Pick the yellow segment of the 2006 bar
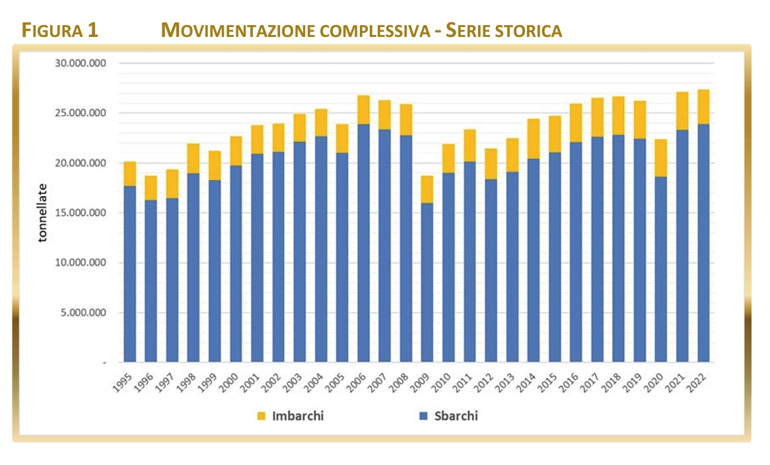pyautogui.click(x=363, y=109)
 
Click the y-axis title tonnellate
pyautogui.click(x=43, y=213)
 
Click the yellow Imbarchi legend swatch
pyautogui.click(x=262, y=416)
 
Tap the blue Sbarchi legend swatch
pyautogui.click(x=423, y=416)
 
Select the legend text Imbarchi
pyautogui.click(x=298, y=416)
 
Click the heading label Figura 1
pyautogui.click(x=59, y=30)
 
